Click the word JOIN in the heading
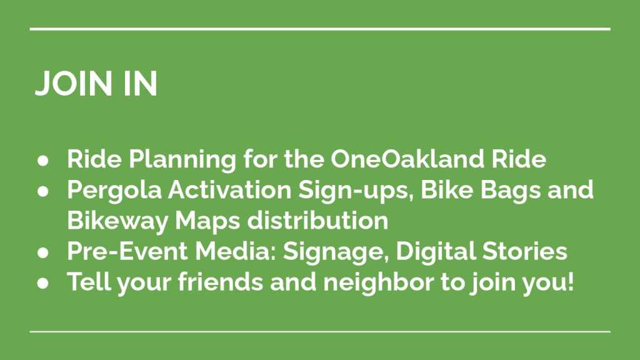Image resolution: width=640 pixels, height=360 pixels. click(74, 84)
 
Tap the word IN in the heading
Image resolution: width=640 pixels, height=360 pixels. click(141, 84)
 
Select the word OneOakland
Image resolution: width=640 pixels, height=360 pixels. click(407, 158)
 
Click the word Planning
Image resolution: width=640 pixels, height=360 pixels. click(182, 159)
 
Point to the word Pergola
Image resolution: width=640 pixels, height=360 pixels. click(114, 190)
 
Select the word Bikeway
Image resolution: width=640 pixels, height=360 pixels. click(117, 221)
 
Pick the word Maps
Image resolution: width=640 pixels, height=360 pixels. click(207, 221)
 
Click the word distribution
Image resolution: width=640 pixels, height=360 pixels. click(317, 221)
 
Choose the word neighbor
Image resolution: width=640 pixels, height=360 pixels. click(378, 282)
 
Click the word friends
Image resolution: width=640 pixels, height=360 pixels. click(221, 282)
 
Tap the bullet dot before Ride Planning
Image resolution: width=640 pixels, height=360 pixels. click(43, 161)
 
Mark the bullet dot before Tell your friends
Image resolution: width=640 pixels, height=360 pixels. click(43, 283)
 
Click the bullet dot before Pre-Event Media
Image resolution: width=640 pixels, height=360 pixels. click(43, 252)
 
